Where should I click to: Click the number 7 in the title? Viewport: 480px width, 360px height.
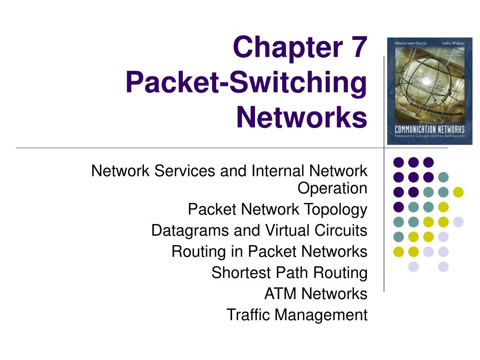coord(359,47)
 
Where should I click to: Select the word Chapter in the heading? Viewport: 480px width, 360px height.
coord(288,47)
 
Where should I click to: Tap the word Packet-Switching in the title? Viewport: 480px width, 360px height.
coord(247,82)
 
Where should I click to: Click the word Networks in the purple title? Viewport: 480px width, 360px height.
coord(301,117)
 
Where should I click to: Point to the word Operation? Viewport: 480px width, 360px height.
coord(332,188)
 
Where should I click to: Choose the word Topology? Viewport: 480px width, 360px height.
coord(336,210)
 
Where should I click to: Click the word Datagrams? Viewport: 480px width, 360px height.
coord(190,231)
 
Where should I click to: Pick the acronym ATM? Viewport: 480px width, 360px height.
coord(280,293)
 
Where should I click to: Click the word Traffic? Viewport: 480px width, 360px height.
coord(248,315)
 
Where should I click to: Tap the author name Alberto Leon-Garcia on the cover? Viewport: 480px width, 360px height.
coord(410,43)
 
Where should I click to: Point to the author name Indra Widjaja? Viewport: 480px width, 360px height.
coord(453,43)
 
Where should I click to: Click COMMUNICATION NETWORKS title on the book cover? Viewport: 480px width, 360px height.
coord(429,129)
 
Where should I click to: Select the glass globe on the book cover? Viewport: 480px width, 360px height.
coord(426,79)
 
